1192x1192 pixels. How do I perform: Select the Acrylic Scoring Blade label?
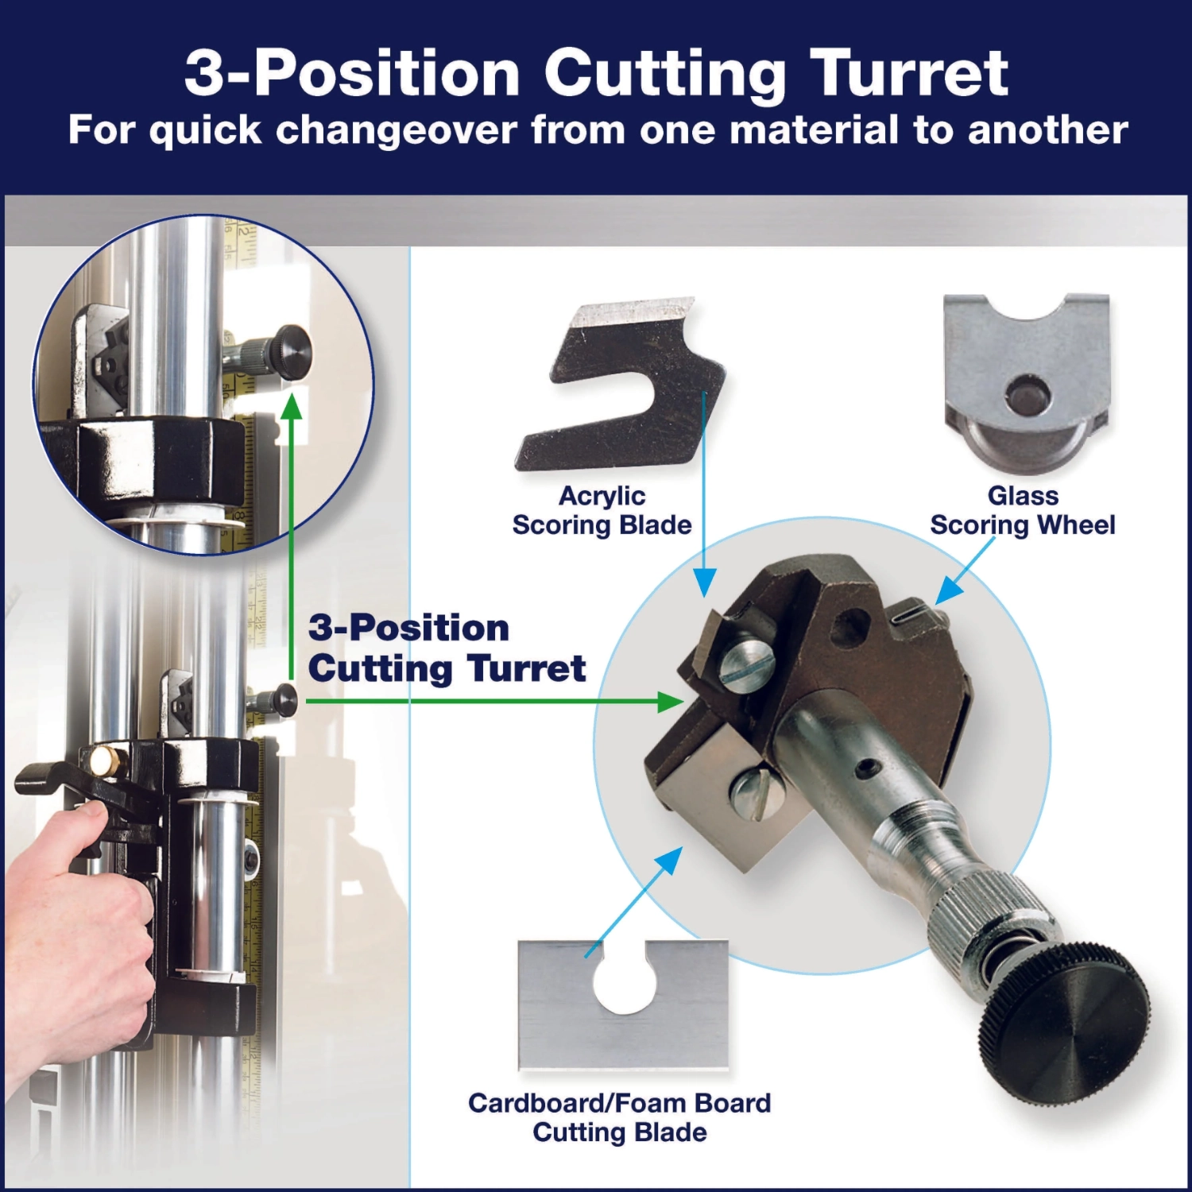coord(602,510)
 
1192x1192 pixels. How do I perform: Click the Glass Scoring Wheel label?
coord(1023,510)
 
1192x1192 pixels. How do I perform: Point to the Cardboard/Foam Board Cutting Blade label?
coord(620,1117)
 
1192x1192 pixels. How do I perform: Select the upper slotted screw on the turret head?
coord(746,660)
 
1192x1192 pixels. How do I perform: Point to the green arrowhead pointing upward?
coord(292,405)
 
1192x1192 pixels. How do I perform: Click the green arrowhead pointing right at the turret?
coord(671,701)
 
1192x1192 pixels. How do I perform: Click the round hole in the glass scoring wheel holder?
coord(1027,394)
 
